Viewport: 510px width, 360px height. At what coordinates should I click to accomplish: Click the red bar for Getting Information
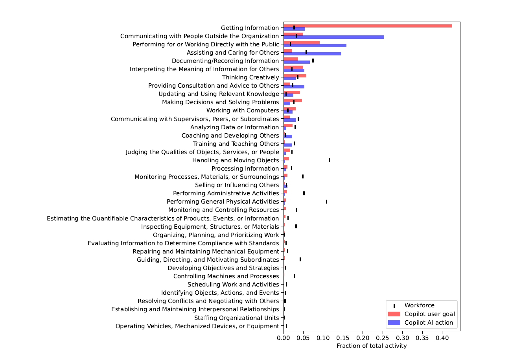368,26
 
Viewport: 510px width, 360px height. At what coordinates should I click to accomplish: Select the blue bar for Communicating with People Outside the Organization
334,37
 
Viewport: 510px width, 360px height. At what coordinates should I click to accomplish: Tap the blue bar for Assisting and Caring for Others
312,54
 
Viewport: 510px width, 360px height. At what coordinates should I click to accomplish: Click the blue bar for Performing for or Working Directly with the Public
315,46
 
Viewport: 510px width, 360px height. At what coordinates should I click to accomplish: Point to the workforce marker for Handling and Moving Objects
329,160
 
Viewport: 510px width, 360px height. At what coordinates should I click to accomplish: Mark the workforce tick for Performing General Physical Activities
326,202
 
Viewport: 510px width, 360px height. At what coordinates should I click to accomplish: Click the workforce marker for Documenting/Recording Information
313,61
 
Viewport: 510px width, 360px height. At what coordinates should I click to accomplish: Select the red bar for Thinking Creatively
295,76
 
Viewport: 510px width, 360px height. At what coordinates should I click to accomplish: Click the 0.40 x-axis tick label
442,338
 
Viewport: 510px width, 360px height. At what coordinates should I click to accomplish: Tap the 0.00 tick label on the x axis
284,338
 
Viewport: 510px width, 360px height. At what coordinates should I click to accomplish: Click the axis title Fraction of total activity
372,346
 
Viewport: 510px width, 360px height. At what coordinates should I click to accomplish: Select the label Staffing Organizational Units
236,318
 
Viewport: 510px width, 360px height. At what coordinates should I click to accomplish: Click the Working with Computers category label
243,110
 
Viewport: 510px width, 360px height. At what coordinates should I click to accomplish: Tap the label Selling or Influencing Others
237,185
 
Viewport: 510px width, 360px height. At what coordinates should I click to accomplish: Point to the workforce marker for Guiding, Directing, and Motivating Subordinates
300,259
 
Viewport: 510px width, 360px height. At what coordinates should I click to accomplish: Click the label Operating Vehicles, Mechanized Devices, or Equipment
197,326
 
